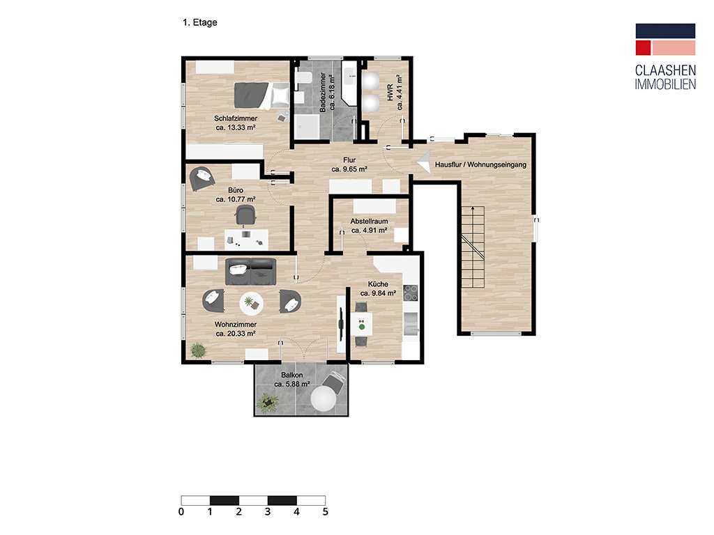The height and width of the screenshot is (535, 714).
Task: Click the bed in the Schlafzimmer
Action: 262,95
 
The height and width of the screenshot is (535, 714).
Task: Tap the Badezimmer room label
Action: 328,92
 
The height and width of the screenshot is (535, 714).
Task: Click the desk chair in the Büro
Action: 245,215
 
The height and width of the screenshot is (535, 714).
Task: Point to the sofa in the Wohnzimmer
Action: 250,272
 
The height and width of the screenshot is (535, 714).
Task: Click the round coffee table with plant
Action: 251,303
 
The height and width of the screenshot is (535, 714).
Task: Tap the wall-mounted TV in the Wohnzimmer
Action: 341,323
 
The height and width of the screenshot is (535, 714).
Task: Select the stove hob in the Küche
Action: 410,293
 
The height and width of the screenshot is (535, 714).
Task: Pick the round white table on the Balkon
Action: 324,400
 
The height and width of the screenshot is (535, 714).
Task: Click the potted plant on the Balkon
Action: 267,403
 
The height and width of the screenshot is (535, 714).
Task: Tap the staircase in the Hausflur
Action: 473,247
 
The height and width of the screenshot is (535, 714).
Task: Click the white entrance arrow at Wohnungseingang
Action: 424,162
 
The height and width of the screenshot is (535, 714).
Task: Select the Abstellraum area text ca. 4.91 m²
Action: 370,231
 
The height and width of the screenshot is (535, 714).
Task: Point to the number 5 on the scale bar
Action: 325,512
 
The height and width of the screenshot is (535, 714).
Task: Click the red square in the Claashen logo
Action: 643,48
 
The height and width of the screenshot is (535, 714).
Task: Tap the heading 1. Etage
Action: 200,22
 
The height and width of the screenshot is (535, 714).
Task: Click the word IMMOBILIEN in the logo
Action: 665,84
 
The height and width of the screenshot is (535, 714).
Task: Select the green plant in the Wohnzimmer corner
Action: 197,350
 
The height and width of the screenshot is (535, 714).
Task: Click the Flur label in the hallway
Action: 349,160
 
